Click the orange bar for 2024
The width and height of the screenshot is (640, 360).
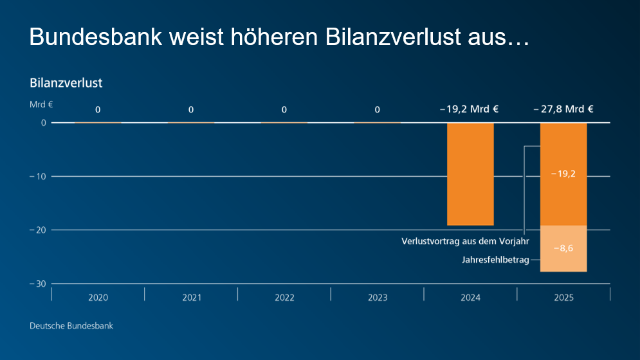coord(470,174)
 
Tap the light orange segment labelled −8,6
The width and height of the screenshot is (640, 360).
coord(563,249)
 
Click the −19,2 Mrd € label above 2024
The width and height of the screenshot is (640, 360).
coord(470,109)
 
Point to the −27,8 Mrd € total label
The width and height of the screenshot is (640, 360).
coord(563,109)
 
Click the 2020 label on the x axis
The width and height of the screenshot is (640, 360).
coord(98,298)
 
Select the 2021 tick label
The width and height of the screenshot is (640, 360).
coord(191,298)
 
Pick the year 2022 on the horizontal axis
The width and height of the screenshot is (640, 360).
coord(284,298)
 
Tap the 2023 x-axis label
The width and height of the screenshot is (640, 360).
coord(378,298)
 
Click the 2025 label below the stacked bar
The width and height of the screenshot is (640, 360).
coord(563,298)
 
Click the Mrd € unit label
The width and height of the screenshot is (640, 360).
coord(41,104)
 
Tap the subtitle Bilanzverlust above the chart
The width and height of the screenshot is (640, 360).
coord(66,83)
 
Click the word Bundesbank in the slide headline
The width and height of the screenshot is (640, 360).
coord(94,37)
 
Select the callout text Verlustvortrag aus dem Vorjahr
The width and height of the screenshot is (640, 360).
coord(465,242)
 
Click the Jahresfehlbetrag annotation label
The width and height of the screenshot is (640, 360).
coord(495,260)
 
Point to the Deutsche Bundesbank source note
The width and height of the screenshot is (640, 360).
coord(71,326)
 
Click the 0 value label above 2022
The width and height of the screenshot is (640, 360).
coord(284,110)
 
